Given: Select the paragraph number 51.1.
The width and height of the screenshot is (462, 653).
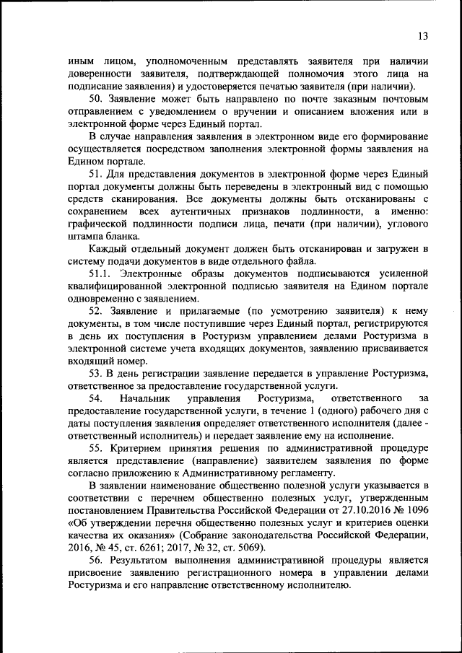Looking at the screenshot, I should pyautogui.click(x=100, y=273).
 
